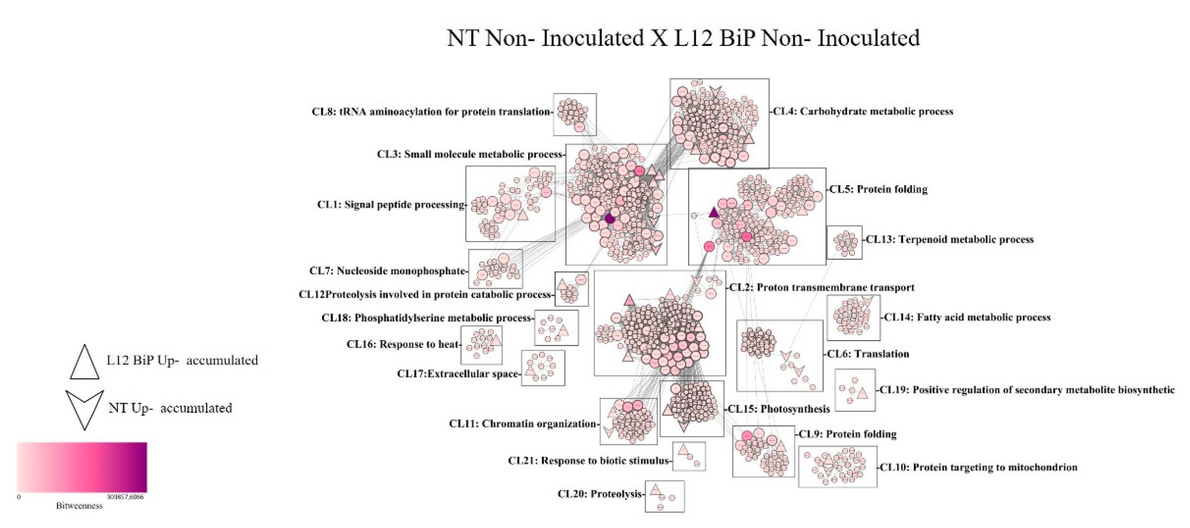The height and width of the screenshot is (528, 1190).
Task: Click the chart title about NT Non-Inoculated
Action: tap(683, 38)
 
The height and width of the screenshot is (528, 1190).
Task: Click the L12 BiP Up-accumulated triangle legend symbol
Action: tap(84, 363)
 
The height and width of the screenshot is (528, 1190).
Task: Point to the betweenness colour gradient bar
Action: tap(82, 467)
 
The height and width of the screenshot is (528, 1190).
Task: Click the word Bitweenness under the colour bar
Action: tap(79, 506)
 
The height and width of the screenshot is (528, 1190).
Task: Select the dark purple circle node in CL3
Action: tap(610, 218)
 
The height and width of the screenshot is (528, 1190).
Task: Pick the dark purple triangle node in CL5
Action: tap(714, 213)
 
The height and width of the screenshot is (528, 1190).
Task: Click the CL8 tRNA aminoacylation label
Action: tap(431, 112)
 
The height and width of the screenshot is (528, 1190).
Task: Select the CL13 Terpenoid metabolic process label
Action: tap(950, 239)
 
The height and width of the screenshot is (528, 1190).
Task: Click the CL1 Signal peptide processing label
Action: tap(391, 205)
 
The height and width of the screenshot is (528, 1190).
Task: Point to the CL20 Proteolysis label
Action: tap(600, 494)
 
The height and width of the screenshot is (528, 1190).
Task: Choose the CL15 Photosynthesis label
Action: tap(778, 409)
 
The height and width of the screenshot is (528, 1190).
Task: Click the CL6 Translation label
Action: tap(868, 354)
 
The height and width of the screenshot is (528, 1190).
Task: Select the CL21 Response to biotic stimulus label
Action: tap(589, 461)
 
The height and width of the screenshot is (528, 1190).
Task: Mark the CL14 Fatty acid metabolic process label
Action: tap(967, 317)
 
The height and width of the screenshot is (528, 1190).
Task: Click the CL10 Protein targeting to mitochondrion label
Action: tap(978, 467)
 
